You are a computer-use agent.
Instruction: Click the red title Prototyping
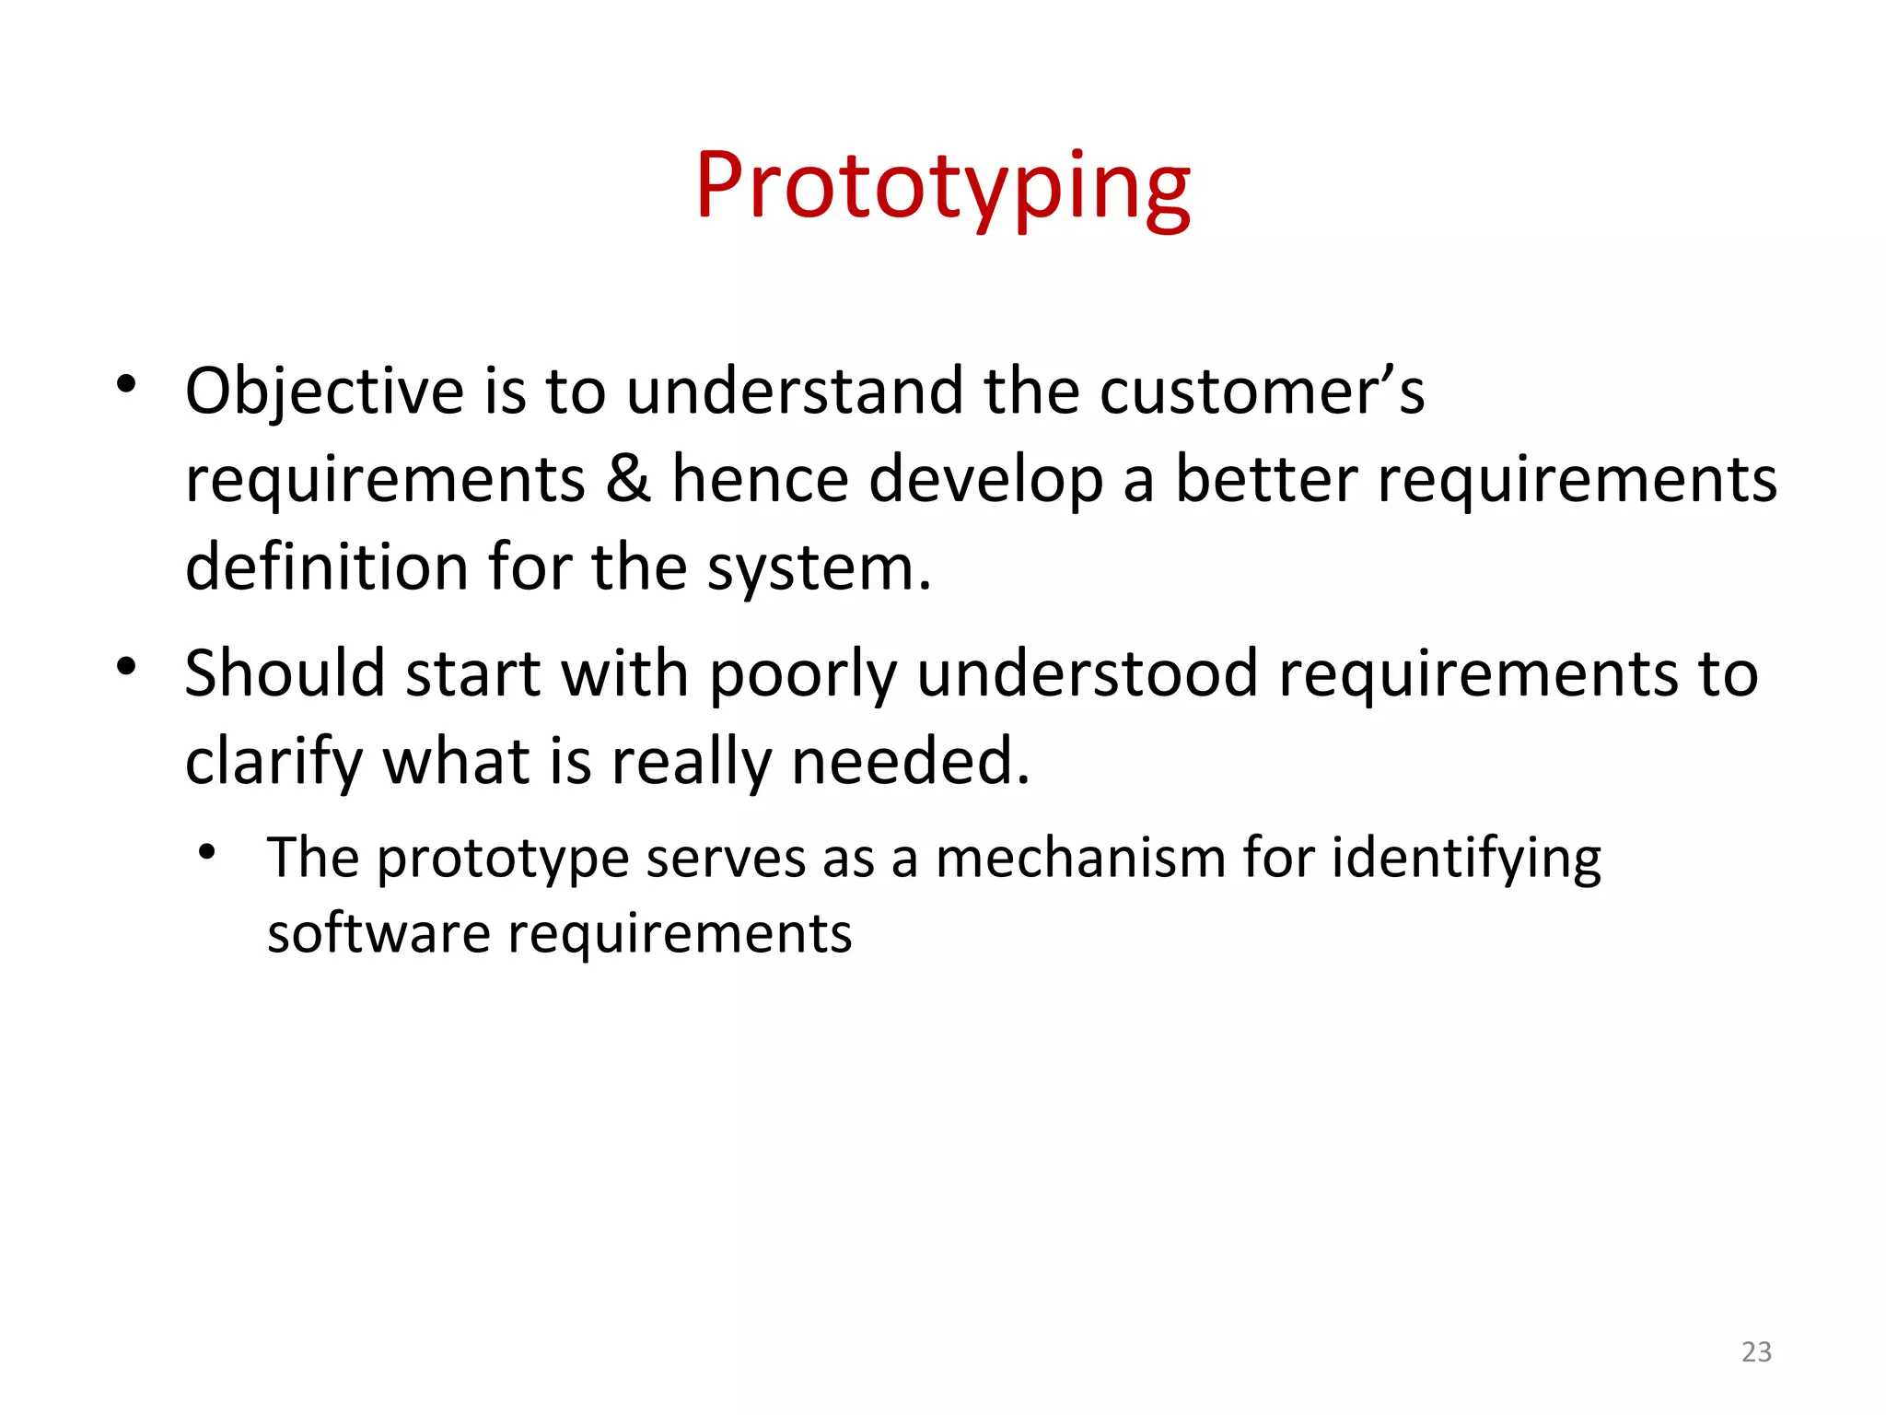[x=942, y=188]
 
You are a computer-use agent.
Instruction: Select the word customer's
[x=1263, y=392]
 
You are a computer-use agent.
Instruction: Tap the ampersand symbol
[x=628, y=479]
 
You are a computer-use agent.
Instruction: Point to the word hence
[x=760, y=479]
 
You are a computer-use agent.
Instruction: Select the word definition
[x=327, y=566]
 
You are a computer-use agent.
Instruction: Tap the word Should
[x=285, y=673]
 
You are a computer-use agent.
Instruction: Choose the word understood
[x=1088, y=673]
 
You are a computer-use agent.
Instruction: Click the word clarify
[x=274, y=763]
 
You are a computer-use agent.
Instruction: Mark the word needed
[x=910, y=761]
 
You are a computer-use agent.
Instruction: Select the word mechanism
[x=1080, y=858]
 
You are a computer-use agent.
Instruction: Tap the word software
[x=378, y=933]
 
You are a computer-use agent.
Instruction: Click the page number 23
[x=1756, y=1351]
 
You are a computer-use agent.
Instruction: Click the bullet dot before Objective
[x=126, y=385]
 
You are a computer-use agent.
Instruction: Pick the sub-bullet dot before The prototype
[x=207, y=852]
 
